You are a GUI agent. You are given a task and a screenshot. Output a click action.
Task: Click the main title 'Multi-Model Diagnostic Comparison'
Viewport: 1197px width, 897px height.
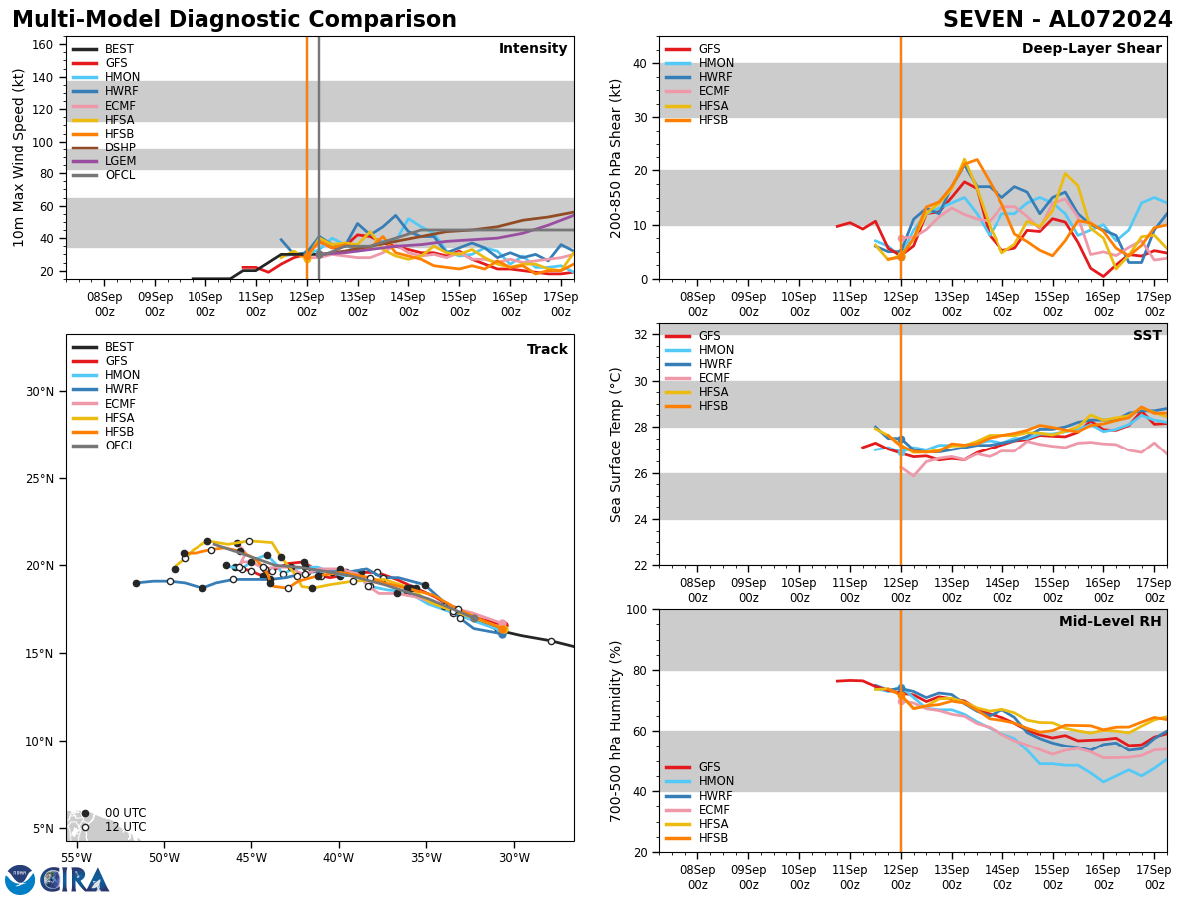[233, 20]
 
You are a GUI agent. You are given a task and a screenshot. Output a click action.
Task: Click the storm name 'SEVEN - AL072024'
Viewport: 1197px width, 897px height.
[1057, 20]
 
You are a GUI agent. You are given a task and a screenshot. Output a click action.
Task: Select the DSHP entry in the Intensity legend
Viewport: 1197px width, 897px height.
[120, 148]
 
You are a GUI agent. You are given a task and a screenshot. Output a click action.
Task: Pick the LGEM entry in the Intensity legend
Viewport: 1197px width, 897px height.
[120, 161]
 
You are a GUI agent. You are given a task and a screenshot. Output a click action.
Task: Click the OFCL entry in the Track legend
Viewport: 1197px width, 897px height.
[120, 446]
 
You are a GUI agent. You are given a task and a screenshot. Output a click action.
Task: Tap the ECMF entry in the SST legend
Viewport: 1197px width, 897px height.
[717, 378]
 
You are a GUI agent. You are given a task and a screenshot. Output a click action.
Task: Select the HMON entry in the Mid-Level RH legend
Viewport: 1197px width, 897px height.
[717, 782]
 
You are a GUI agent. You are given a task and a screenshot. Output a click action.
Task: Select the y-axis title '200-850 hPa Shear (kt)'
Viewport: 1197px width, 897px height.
[617, 157]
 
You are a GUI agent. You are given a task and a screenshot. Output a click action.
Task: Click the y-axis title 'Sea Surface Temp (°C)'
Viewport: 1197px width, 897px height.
[617, 445]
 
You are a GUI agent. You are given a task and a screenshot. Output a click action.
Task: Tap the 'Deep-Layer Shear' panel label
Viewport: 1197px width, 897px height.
[1091, 49]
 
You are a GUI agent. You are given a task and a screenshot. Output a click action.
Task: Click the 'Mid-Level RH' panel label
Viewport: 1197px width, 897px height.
[1110, 622]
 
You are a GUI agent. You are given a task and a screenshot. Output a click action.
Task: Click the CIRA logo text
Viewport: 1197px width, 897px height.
[75, 879]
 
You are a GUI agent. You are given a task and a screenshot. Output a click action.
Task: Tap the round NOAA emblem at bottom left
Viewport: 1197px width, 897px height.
[20, 879]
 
